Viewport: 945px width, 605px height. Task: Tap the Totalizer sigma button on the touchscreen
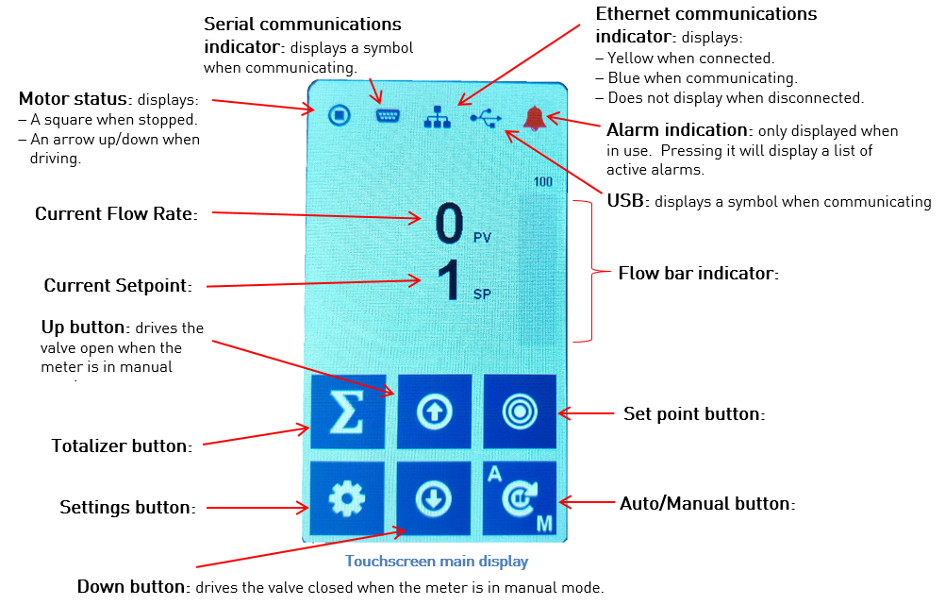click(348, 412)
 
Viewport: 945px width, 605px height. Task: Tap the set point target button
click(520, 412)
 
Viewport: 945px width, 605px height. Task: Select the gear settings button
click(348, 498)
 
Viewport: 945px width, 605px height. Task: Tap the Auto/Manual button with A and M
click(520, 498)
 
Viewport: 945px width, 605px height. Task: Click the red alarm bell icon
click(534, 118)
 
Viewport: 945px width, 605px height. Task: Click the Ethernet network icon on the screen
click(437, 117)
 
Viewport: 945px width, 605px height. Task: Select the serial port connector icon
click(387, 116)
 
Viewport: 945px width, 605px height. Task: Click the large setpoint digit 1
click(450, 280)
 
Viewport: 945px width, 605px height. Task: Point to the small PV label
click(482, 239)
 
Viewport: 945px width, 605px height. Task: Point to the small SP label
click(482, 294)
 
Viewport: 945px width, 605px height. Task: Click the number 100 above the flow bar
click(542, 182)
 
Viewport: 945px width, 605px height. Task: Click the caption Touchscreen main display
click(436, 562)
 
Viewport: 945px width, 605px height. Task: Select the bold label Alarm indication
click(675, 130)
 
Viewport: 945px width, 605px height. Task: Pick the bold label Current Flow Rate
click(116, 214)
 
